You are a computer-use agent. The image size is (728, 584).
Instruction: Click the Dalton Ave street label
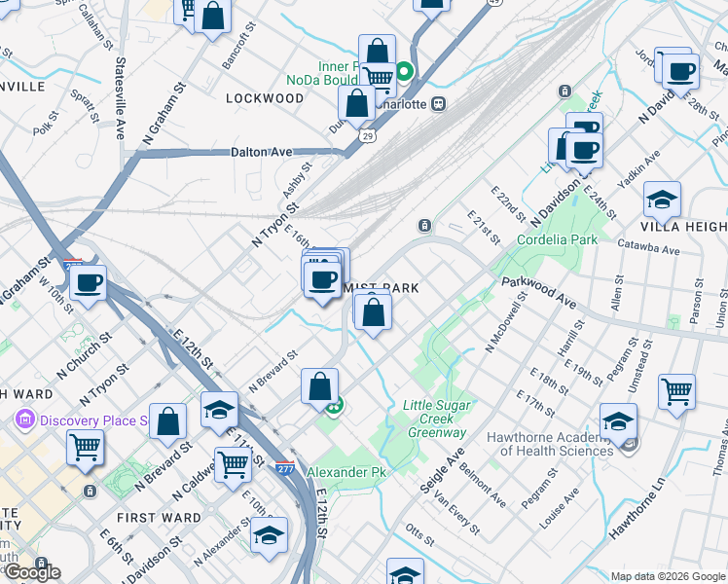[x=262, y=152]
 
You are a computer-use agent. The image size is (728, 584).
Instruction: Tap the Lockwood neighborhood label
[x=265, y=98]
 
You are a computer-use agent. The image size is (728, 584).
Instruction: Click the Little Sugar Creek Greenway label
[x=437, y=419]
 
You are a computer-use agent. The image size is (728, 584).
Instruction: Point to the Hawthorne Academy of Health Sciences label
[x=557, y=444]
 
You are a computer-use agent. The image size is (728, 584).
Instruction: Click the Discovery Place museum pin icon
[x=24, y=420]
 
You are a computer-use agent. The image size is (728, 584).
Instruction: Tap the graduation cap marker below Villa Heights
[x=662, y=200]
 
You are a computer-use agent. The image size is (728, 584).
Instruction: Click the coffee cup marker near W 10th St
[x=88, y=283]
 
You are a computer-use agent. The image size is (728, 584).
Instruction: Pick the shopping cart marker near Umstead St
[x=676, y=391]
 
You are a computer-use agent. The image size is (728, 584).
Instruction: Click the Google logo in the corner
[x=32, y=571]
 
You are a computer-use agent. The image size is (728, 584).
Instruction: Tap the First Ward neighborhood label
[x=159, y=518]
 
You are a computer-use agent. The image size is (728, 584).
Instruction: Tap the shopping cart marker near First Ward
[x=233, y=464]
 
